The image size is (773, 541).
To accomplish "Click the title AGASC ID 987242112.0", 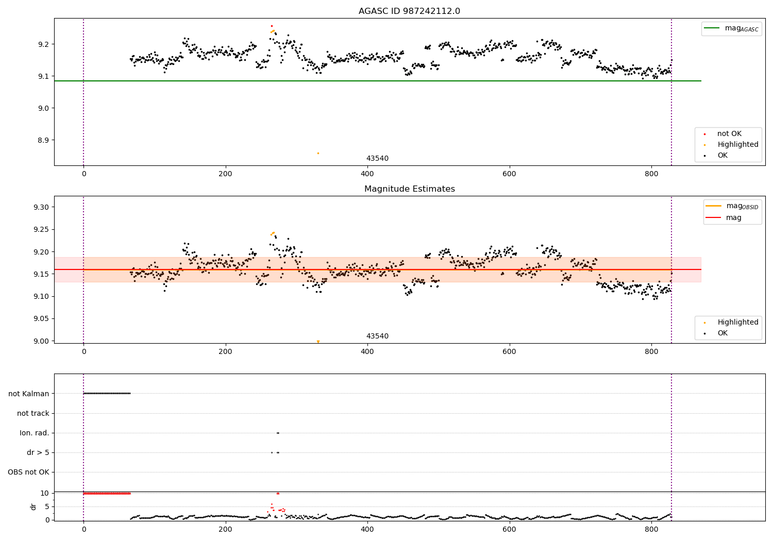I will [x=409, y=11].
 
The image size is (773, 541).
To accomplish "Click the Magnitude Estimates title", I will [x=409, y=189].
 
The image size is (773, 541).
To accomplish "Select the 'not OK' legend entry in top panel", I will [x=729, y=134].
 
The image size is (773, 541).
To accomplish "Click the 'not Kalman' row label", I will [x=29, y=394].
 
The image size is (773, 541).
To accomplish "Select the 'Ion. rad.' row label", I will [x=35, y=433].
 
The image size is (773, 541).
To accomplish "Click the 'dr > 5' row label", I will [x=38, y=452].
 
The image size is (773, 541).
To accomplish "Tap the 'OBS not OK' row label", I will [x=28, y=472].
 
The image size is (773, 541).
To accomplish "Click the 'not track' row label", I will [x=33, y=413].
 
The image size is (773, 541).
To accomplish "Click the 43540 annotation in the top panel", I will [x=377, y=159].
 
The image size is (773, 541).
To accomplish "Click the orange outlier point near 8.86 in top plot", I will [x=318, y=153].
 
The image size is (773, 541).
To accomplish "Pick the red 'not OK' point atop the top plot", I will [x=272, y=26].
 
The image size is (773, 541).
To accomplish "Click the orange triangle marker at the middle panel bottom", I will [x=318, y=342].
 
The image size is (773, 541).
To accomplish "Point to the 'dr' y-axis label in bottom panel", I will [x=33, y=506].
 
